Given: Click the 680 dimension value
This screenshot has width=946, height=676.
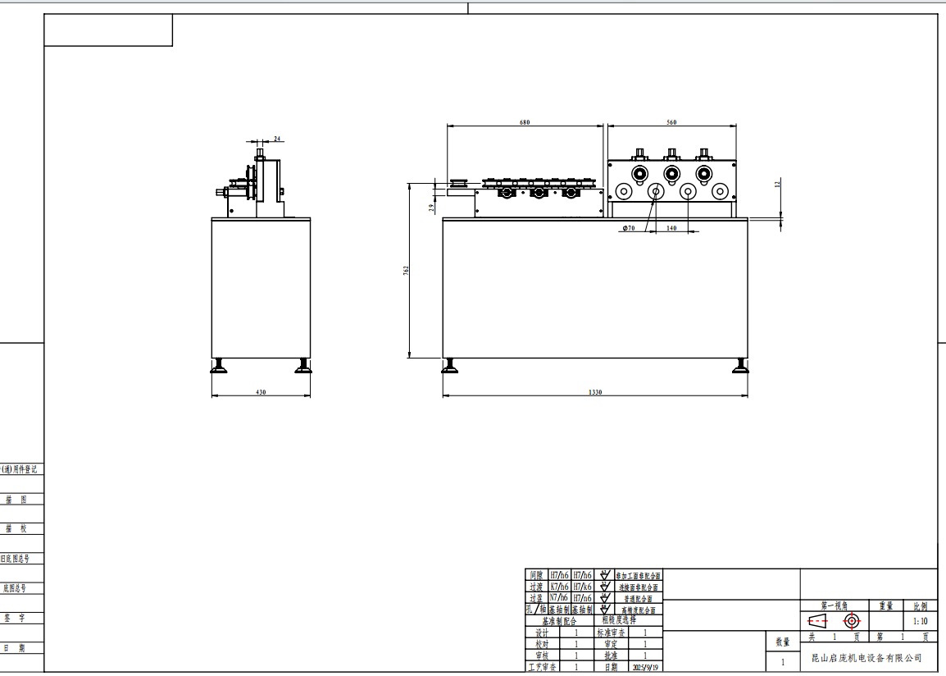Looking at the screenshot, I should tap(525, 122).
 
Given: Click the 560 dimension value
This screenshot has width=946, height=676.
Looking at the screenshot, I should tap(671, 122).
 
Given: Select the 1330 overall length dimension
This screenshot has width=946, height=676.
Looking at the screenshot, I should tap(595, 393).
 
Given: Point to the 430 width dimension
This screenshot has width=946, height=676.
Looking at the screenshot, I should tap(261, 393).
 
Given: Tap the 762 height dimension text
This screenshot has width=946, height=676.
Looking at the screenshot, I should tap(406, 271).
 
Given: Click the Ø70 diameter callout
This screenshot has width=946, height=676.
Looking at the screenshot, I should tap(629, 228).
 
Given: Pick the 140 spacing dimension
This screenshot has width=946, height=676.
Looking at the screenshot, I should tap(671, 228).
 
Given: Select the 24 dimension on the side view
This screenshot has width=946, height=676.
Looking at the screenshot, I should tap(277, 139).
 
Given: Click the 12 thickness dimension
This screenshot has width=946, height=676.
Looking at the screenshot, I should tap(777, 185).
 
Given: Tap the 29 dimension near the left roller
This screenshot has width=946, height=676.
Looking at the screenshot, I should tap(432, 208).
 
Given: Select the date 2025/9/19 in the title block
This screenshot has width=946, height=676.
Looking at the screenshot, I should tap(645, 667).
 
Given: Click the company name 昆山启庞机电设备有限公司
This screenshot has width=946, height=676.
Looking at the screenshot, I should tap(866, 658).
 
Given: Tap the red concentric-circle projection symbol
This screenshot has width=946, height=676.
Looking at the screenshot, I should tap(852, 621).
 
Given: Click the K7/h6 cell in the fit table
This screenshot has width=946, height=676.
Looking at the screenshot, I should tap(560, 587).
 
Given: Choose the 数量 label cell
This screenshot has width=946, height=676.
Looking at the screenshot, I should tap(782, 642).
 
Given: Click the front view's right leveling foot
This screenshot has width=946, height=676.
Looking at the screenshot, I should tap(740, 366).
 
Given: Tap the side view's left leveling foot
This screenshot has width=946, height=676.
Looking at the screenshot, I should tap(219, 366).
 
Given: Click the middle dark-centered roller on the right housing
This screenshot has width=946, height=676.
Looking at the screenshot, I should tap(671, 173).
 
